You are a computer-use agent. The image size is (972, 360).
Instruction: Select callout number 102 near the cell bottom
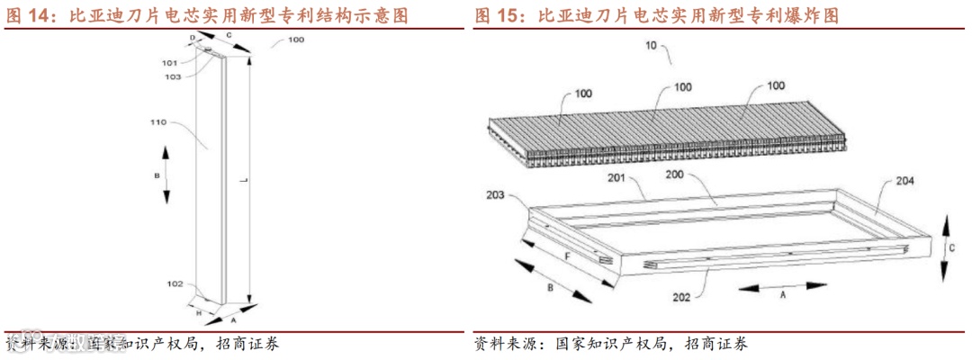(x=175, y=284)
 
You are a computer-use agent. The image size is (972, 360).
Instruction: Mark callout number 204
(x=904, y=181)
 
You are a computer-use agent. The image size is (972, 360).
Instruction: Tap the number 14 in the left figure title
(x=40, y=15)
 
